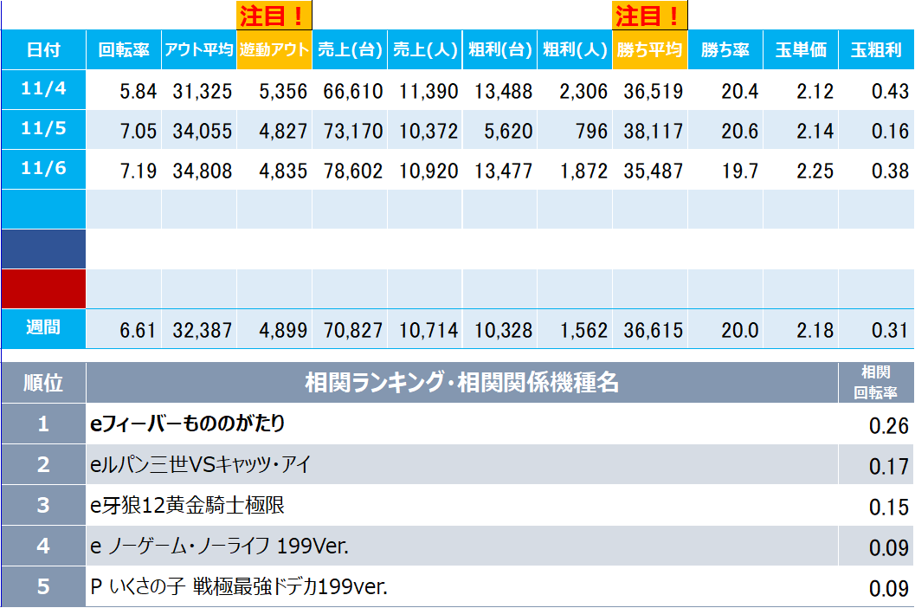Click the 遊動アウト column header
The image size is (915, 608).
(274, 49)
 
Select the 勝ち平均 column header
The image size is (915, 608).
(649, 49)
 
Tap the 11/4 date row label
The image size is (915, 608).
(43, 89)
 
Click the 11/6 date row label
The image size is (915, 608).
(43, 169)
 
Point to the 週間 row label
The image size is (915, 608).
(43, 328)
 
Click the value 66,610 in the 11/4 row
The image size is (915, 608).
(351, 91)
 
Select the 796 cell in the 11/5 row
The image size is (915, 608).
(590, 131)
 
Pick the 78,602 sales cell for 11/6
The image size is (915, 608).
(351, 171)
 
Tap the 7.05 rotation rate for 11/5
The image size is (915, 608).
(139, 131)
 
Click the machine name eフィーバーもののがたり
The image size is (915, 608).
(188, 424)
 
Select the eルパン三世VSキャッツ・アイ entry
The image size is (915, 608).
(200, 465)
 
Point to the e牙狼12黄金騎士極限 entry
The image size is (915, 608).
(187, 506)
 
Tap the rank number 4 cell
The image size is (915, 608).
(43, 546)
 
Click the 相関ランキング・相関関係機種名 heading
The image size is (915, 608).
(461, 382)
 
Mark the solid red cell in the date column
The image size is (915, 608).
(43, 288)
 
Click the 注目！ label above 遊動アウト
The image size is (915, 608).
(274, 15)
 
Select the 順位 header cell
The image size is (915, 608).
(43, 382)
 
